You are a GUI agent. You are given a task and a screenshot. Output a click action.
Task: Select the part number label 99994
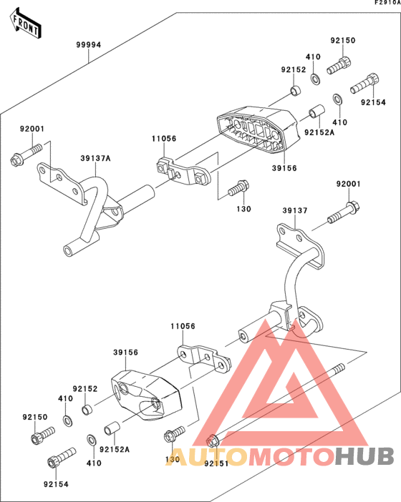pyautogui.click(x=89, y=44)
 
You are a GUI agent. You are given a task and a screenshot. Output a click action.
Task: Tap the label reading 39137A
pyautogui.click(x=95, y=159)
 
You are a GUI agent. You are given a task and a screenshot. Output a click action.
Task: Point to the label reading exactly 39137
pyautogui.click(x=294, y=211)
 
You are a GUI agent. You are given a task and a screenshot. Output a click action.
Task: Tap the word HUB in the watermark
pyautogui.click(x=366, y=456)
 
